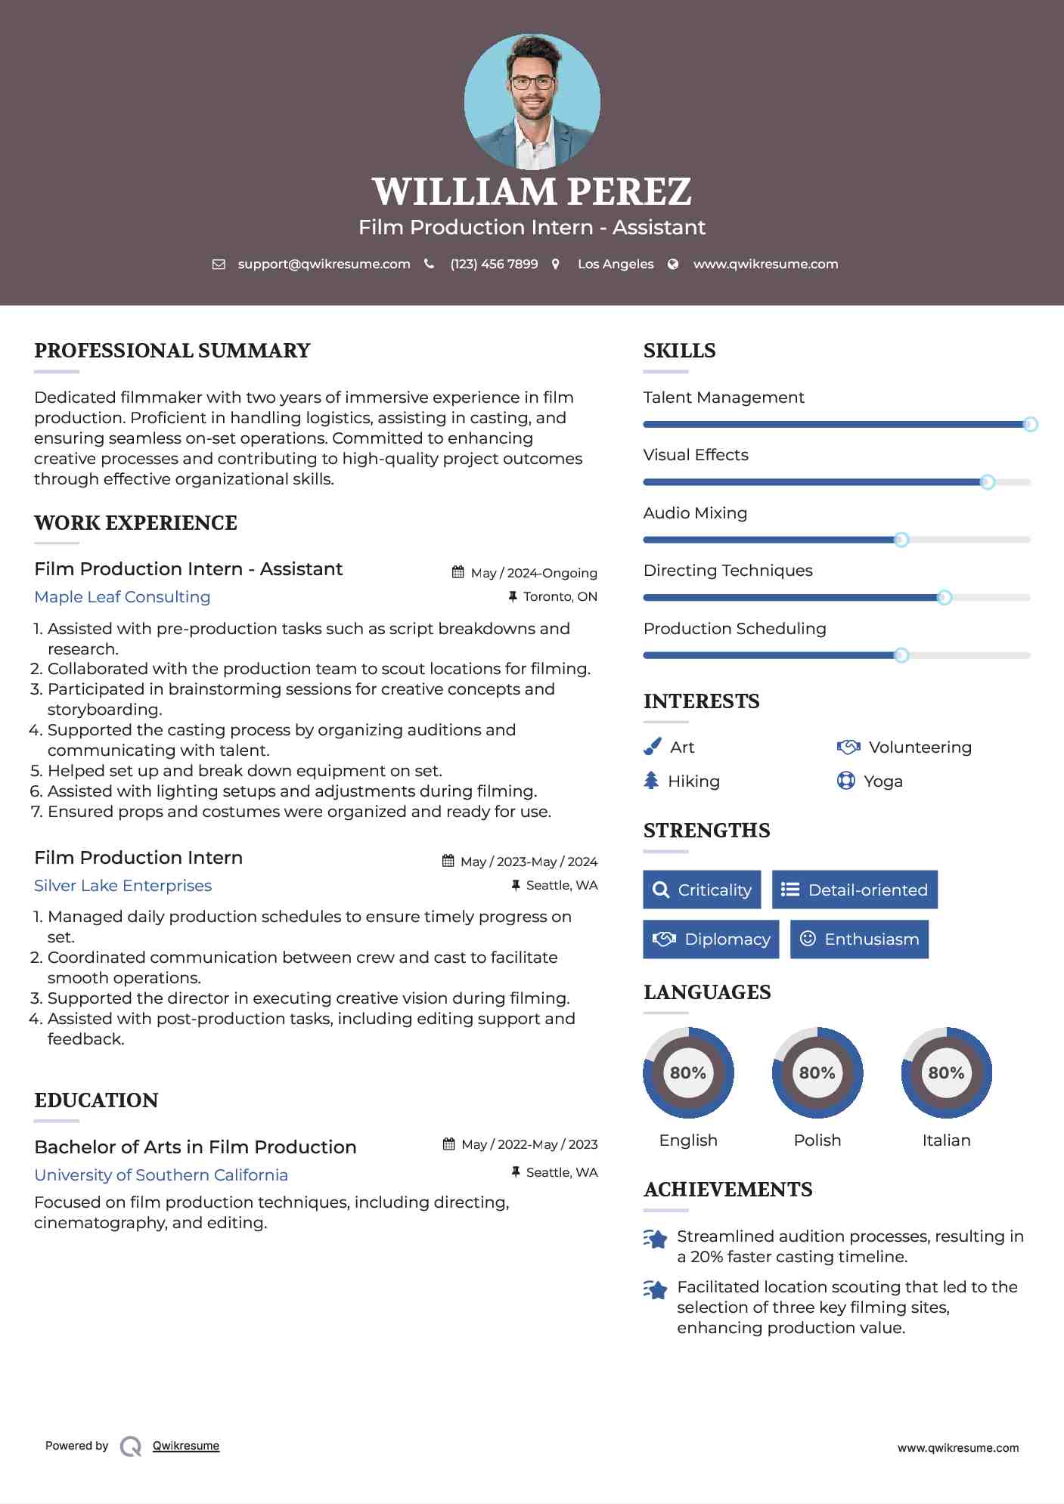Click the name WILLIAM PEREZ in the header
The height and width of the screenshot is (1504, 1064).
coord(532,191)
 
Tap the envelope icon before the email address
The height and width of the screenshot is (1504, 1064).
coord(219,265)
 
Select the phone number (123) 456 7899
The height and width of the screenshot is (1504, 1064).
coord(494,265)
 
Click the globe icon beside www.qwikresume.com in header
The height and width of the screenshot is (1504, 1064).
coord(673,265)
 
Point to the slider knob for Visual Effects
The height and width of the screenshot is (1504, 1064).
coord(987,482)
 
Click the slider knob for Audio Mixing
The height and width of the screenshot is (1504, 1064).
coord(901,540)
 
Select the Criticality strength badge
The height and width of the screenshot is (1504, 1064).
coord(702,890)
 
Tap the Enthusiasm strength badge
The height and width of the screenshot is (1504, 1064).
coord(859,939)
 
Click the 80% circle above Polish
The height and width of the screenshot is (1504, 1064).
coord(817,1072)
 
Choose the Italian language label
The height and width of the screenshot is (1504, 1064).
coord(946,1140)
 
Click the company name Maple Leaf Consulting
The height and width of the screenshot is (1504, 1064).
coord(123,597)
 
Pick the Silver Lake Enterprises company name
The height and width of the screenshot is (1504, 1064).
coord(123,886)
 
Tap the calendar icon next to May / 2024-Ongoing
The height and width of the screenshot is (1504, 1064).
coord(458,572)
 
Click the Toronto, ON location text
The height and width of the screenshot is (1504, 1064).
coord(560,597)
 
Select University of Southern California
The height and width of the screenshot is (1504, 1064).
coord(161,1175)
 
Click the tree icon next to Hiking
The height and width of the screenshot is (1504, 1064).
coord(651,781)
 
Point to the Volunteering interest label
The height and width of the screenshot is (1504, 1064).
coord(920,747)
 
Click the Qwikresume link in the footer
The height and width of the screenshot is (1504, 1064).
coord(185,1446)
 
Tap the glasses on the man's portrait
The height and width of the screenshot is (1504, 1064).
coord(532,82)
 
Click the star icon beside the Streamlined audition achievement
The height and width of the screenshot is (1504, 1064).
coord(656,1239)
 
